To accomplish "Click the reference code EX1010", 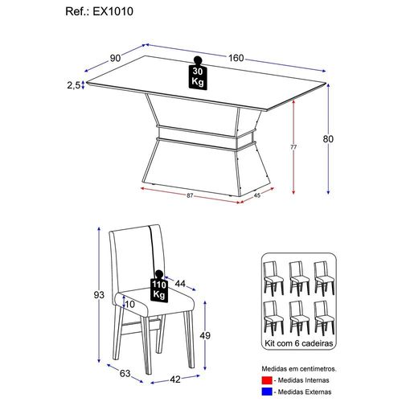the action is click(113, 11).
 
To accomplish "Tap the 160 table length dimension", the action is click(236, 58).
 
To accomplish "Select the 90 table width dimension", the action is click(115, 58).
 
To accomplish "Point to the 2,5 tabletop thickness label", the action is click(73, 85).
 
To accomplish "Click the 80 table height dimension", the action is click(328, 139).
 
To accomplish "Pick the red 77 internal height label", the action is click(293, 147).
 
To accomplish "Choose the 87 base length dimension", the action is click(190, 195).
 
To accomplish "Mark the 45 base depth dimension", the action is click(256, 195).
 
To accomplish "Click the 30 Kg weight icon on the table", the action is click(198, 73).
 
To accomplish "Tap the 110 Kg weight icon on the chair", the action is click(159, 286).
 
